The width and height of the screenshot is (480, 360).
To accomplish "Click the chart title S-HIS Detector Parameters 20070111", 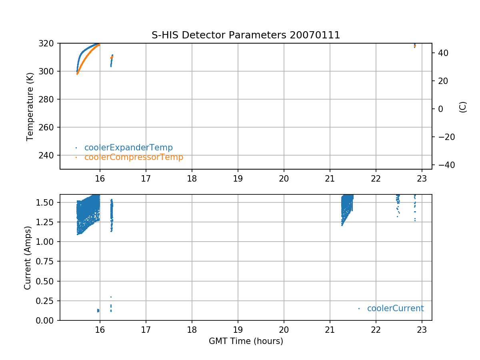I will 246,35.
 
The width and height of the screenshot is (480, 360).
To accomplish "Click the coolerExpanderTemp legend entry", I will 128,148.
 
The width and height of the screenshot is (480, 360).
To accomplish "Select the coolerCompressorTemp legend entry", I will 134,157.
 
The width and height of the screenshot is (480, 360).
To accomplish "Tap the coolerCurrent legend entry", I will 395,308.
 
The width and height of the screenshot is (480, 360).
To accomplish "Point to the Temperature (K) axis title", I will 30,106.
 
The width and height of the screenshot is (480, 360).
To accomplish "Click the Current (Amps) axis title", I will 28,257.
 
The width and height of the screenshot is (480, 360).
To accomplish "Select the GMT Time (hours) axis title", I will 246,341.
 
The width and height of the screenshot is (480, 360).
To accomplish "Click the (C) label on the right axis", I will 463,107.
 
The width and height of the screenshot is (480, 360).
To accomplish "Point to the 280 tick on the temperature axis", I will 48,99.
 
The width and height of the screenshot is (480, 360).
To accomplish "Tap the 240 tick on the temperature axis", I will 48,155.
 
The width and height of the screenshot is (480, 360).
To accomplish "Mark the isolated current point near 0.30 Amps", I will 111,297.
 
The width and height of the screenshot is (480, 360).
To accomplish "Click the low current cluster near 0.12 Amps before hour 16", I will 98,310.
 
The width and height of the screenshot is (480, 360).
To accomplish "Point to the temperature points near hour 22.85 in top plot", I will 415,46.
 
